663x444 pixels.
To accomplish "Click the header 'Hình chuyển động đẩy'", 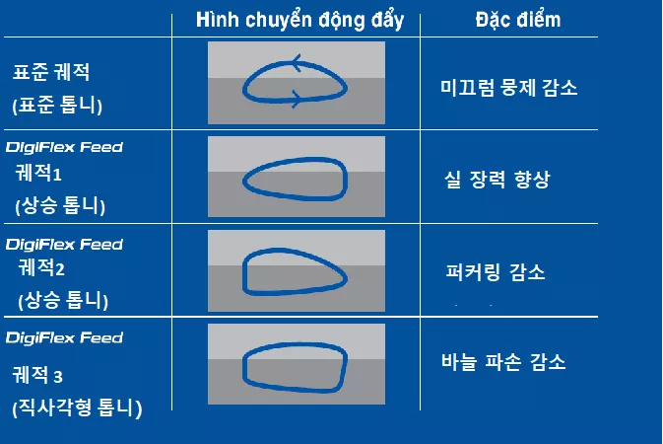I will coord(299,22).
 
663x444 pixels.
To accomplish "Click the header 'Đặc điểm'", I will coord(505,22).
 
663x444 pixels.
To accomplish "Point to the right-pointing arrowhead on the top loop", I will coord(297,97).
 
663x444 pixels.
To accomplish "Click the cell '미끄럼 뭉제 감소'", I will coord(508,87).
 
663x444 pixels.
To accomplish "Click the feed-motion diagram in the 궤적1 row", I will coord(296,178).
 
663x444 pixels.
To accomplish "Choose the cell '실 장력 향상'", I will coord(497,181).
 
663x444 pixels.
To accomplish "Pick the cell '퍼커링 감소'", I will coord(496,271).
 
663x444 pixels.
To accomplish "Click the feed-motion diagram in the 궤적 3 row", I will coord(296,366).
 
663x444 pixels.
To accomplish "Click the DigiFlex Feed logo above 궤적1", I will coord(64,148).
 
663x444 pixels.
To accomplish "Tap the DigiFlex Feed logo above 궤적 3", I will coord(64,337).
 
